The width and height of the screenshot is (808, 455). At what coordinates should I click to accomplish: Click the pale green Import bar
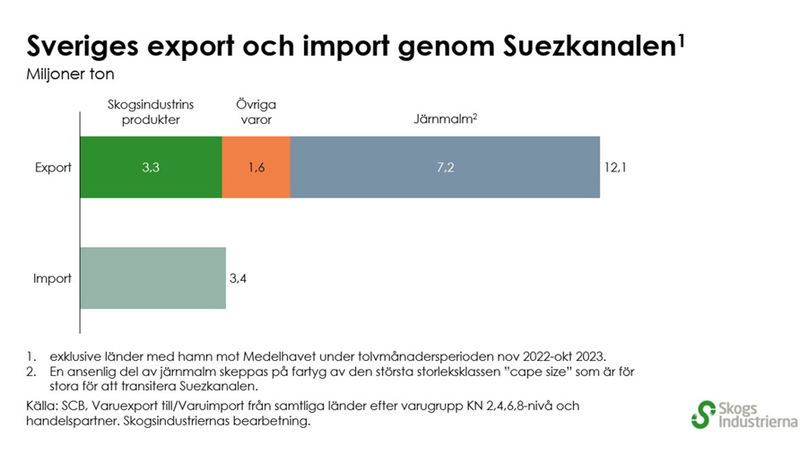(x=153, y=278)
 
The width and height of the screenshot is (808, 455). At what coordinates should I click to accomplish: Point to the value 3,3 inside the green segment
(x=152, y=167)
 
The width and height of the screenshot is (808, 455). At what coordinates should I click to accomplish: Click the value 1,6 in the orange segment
(x=256, y=167)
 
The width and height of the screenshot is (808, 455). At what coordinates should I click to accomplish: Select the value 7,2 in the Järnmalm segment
(x=446, y=167)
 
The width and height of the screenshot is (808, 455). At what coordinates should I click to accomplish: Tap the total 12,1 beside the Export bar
(x=615, y=167)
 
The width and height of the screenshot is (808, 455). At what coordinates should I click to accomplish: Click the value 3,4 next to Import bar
(x=238, y=278)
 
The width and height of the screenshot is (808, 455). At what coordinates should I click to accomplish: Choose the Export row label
(x=53, y=167)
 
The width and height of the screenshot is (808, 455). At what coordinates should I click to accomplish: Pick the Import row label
(x=52, y=278)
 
